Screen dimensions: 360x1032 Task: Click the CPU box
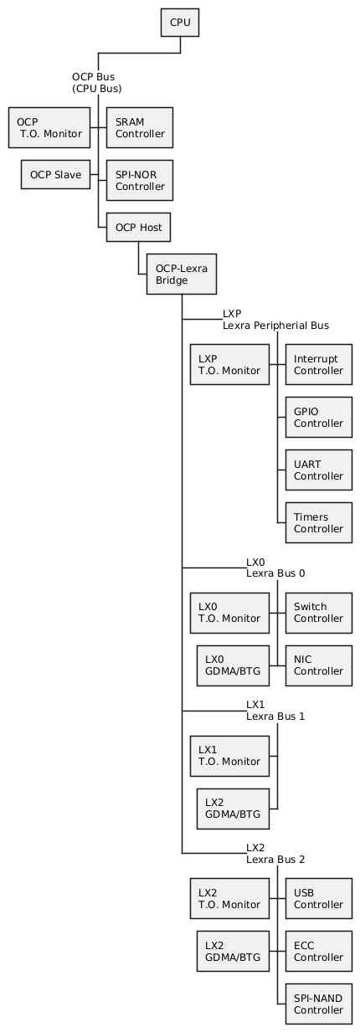coord(180,22)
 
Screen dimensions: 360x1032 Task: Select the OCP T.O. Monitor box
coord(49,127)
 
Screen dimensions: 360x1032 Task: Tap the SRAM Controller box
coord(140,127)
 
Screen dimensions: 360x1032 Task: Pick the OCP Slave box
coord(55,175)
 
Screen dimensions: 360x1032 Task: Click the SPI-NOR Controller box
coord(140,180)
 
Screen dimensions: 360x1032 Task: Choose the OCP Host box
coord(138,227)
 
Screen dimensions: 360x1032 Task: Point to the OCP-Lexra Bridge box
coord(182,275)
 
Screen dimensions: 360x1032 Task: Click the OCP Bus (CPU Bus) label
coord(97,83)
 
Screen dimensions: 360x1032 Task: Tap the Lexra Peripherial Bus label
coord(275,326)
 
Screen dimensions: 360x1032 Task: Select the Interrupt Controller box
coord(318,364)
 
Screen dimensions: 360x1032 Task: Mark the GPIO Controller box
coord(318,417)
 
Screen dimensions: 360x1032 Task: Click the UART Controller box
coord(318,470)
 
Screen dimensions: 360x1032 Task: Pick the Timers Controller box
coord(318,522)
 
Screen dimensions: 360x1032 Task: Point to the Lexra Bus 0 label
coord(275,573)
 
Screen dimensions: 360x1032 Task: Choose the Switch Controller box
coord(318,613)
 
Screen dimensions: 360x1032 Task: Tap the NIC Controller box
coord(318,665)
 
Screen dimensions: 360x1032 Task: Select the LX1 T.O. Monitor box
coord(229,756)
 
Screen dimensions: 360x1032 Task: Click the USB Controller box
coord(318,898)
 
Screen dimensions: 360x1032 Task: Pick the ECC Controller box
coord(318,952)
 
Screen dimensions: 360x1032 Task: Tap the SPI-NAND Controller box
coord(318,1004)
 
